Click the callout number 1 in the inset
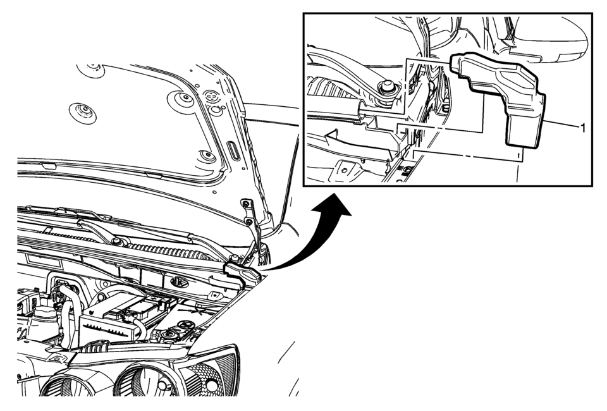point(582,127)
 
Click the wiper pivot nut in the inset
point(386,89)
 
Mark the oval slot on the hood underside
point(233,149)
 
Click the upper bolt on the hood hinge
point(245,202)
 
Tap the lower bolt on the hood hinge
point(249,222)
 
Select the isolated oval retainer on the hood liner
point(82,113)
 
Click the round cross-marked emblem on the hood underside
point(211,94)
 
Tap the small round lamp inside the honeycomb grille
point(211,385)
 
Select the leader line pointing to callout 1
point(561,124)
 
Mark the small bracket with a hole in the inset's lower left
point(346,169)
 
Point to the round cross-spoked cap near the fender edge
point(186,324)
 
